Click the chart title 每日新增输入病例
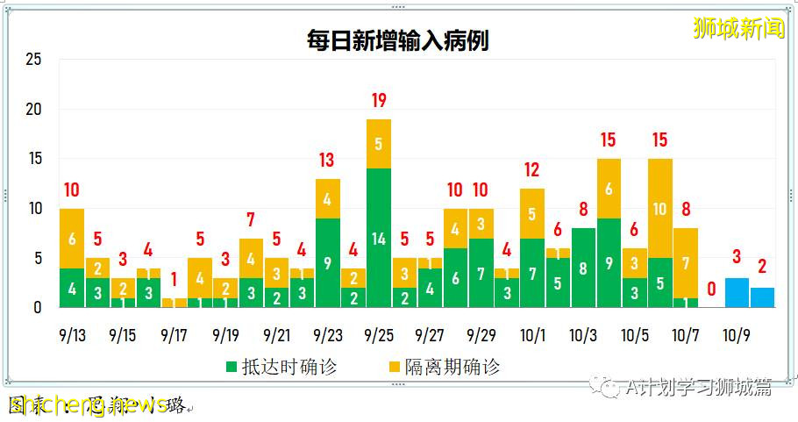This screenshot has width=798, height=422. [397, 40]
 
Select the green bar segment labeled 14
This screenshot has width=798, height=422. [378, 238]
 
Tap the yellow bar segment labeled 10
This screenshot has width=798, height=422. [659, 208]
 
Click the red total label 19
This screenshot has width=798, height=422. [378, 100]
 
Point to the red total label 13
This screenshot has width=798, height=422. [327, 160]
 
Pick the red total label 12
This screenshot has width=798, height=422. [531, 169]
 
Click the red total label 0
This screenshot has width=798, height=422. [711, 289]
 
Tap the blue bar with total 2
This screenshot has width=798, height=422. [762, 297]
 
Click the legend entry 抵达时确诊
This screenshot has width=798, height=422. [281, 366]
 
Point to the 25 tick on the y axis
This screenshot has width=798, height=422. [33, 61]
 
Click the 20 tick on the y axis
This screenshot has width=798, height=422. [33, 111]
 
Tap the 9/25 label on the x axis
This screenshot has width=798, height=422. [378, 335]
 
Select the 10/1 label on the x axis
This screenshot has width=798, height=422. [531, 335]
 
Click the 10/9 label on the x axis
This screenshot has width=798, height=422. [737, 335]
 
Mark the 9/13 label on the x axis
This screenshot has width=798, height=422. [72, 335]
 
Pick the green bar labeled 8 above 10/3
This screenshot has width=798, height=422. [582, 268]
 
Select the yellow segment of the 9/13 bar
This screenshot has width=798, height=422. [72, 238]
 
